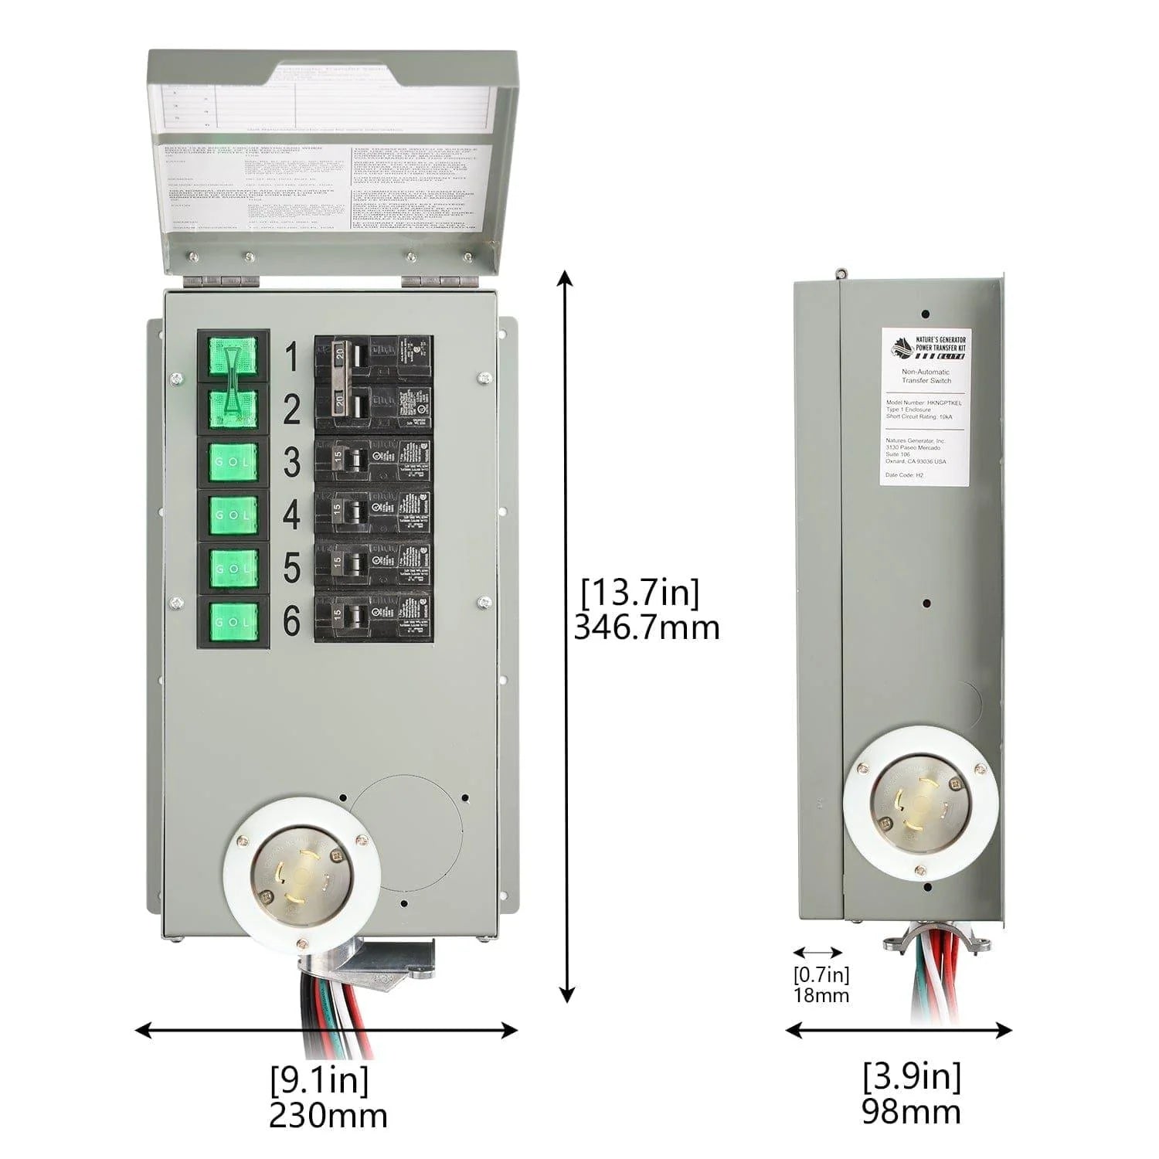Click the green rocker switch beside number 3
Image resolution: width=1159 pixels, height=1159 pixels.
[x=233, y=461]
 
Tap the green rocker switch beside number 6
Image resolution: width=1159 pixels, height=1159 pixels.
[x=233, y=622]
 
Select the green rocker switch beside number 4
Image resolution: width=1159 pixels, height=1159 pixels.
[x=233, y=515]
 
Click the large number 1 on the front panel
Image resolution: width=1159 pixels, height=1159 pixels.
[x=291, y=358]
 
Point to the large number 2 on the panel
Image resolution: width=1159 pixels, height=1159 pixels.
[x=291, y=410]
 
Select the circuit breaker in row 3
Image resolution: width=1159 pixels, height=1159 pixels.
[x=372, y=461]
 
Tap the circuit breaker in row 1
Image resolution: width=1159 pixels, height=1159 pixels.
[x=372, y=358]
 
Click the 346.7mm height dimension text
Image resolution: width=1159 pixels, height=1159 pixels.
[x=646, y=627]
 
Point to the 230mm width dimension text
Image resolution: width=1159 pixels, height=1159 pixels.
[x=328, y=1114]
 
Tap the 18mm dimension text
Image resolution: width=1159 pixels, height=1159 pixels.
[x=821, y=994]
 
